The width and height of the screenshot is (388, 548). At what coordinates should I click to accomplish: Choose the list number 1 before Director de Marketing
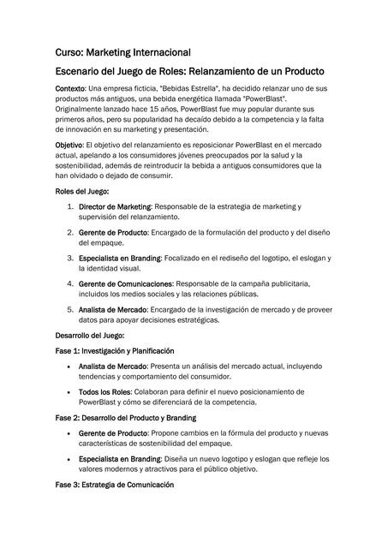pos(69,207)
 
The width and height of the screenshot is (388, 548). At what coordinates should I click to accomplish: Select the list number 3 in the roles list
pos(69,258)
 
